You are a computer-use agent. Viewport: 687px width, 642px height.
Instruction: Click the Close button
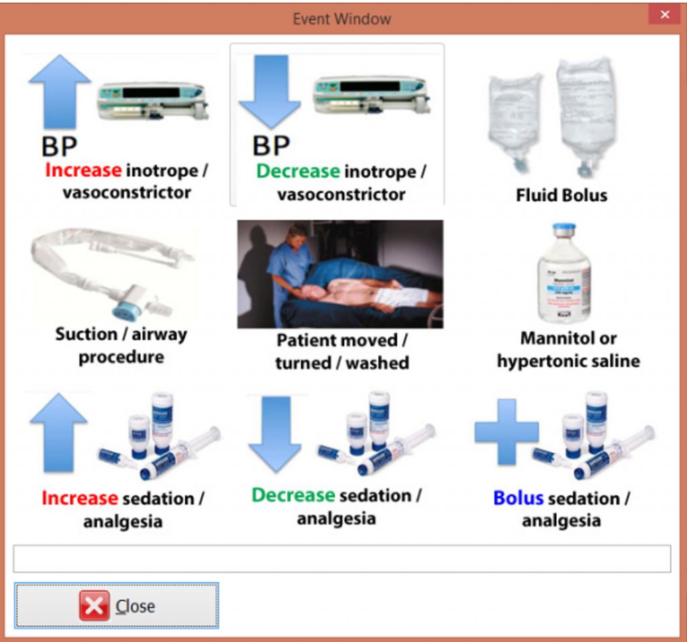click(117, 605)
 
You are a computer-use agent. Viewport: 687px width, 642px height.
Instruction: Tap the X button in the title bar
click(664, 15)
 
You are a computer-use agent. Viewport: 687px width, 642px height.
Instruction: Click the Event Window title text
click(342, 19)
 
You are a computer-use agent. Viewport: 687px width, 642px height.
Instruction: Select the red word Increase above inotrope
click(83, 170)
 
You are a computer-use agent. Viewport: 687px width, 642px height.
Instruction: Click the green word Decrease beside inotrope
click(298, 171)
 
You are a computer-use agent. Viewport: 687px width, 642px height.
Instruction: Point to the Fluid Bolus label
click(562, 195)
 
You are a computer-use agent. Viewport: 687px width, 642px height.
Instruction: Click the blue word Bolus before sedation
click(518, 498)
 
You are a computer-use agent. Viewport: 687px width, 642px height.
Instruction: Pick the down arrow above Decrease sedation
click(274, 433)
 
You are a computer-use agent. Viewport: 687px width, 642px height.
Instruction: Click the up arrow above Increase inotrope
click(60, 92)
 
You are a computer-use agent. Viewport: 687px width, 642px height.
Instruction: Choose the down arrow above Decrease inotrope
click(270, 92)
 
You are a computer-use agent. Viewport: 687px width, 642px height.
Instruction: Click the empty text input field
click(342, 558)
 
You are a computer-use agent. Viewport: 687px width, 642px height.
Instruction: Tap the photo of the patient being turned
click(340, 274)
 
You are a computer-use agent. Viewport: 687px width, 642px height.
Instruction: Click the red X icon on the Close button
click(94, 606)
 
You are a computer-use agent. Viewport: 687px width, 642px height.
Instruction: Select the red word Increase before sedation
click(80, 498)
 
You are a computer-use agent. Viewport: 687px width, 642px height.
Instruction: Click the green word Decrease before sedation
click(293, 496)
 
